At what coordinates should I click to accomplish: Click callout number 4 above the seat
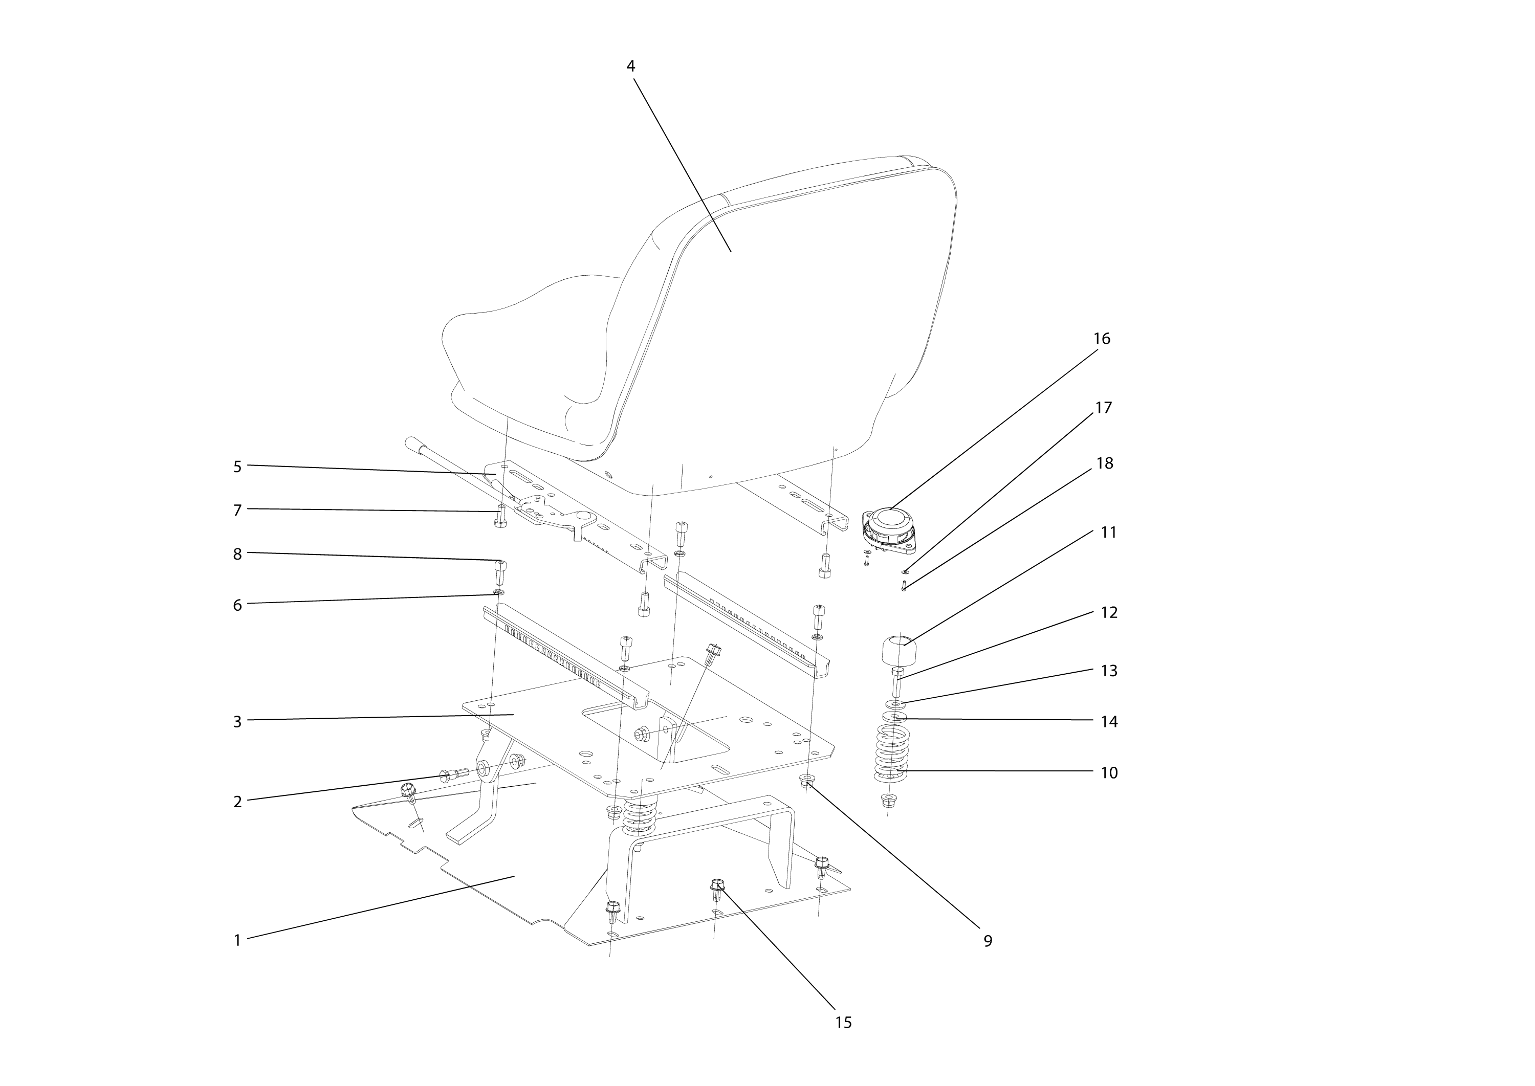[x=630, y=66]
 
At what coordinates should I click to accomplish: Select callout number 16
[x=1101, y=338]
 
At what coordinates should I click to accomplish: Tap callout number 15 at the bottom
[x=843, y=1023]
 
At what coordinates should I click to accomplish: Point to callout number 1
[x=237, y=941]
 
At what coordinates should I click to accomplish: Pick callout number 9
[x=988, y=941]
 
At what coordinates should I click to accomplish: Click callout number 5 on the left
[x=237, y=467]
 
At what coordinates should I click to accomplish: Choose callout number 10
[x=1109, y=772]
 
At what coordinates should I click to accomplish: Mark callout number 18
[x=1104, y=463]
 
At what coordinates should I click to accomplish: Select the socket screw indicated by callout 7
[x=499, y=516]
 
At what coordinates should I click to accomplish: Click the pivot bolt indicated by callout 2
[x=453, y=775]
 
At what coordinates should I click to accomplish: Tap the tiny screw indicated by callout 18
[x=904, y=586]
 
